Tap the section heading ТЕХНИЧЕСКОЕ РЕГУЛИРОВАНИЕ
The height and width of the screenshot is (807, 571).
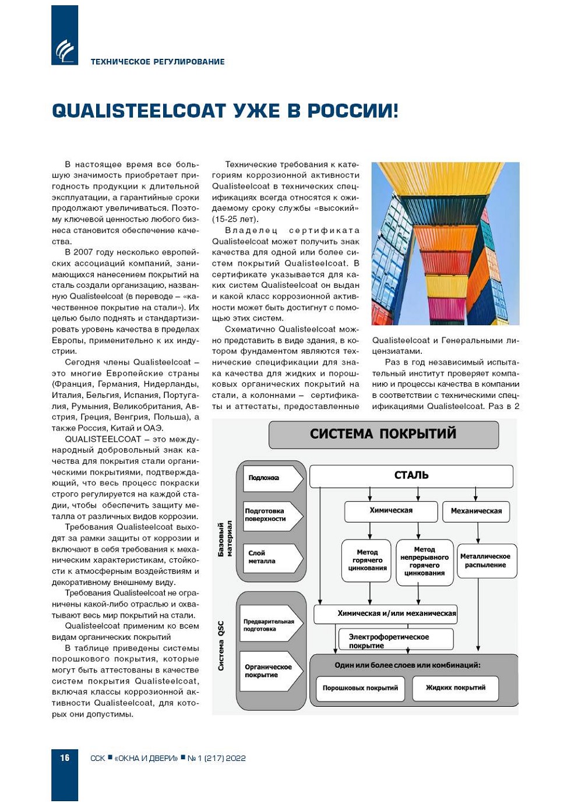tap(157, 62)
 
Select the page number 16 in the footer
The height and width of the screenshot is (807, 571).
tap(65, 758)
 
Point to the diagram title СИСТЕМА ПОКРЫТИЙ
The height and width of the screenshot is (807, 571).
tap(383, 434)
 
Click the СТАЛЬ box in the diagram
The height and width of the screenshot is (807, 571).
tap(411, 475)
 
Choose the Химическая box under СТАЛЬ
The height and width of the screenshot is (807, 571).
tap(391, 511)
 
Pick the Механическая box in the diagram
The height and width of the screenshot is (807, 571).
tap(476, 511)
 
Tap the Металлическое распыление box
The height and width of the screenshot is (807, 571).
tap(485, 561)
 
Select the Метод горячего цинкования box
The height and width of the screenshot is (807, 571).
tap(368, 560)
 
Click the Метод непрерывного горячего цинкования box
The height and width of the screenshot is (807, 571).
tap(425, 561)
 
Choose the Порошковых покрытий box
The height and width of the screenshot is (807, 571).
tap(360, 688)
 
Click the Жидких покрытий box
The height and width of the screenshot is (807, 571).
tap(456, 688)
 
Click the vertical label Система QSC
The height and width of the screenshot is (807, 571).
tap(221, 646)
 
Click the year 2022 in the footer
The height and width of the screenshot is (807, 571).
tap(235, 758)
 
